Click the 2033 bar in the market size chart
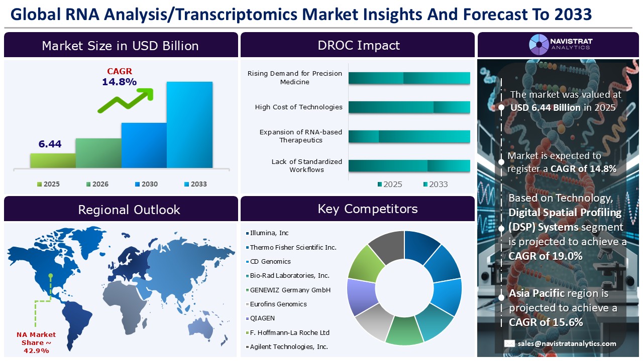coord(189,124)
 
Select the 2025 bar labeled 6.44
coord(53,160)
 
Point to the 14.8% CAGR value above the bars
coord(120,82)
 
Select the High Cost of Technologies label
coord(298,107)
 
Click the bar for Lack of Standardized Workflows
coord(409,166)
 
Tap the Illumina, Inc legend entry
coord(269,233)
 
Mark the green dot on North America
coord(51,275)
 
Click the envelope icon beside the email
coord(510,343)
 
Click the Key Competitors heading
coord(358,209)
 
